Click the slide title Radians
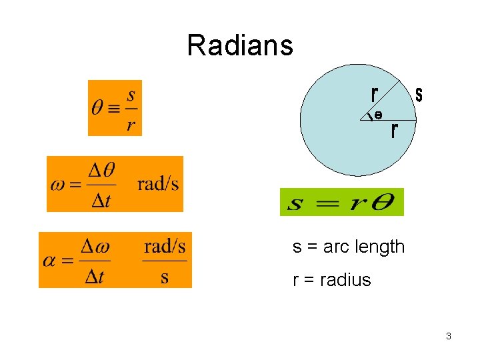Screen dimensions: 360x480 [240, 45]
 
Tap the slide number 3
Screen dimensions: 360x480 [449, 336]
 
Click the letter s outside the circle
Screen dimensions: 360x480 [419, 95]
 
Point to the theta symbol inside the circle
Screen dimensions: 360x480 [378, 115]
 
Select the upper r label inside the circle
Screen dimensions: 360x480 [375, 94]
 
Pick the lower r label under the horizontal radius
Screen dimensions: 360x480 [395, 130]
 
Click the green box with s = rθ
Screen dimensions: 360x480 [341, 201]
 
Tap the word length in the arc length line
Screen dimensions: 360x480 [381, 247]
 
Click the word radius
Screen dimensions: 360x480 [345, 279]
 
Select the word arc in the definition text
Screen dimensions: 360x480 [337, 247]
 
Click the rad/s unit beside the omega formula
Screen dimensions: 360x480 [158, 184]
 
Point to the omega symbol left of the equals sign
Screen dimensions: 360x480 [57, 185]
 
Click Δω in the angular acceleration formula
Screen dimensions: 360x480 [95, 247]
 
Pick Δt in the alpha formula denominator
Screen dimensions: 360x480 [94, 276]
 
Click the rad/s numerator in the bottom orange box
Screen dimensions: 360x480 [165, 247]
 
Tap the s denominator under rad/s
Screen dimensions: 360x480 [165, 276]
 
